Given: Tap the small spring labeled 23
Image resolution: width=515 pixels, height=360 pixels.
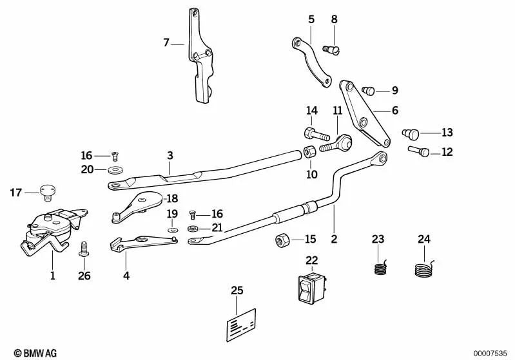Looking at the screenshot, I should (x=382, y=266).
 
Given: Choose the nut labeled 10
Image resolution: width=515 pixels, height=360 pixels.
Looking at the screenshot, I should (x=309, y=153).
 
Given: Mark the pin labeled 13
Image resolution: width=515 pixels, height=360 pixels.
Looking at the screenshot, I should (x=411, y=133).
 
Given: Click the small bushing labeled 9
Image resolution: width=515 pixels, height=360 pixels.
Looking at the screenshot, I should (x=369, y=91).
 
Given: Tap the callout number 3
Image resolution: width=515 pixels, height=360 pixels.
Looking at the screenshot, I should (x=170, y=155).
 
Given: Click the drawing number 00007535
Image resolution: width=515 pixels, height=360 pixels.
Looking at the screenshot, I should (x=491, y=352).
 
